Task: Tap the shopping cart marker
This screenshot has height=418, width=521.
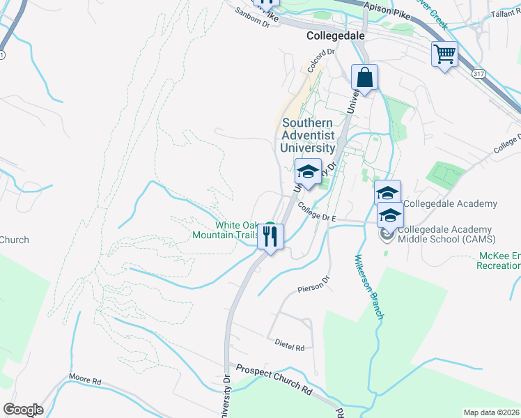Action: click(x=444, y=54)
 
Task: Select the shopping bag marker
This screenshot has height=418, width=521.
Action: click(x=364, y=77)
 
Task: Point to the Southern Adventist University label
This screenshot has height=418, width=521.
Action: click(x=309, y=135)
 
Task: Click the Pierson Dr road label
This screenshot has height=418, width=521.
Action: click(x=311, y=286)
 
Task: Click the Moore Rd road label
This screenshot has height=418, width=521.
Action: click(x=85, y=381)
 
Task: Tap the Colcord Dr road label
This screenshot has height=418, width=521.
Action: click(x=322, y=61)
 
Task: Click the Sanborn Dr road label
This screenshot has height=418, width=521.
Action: click(x=251, y=17)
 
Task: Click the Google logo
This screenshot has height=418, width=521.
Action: click(x=23, y=410)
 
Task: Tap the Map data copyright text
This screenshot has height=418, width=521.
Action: click(x=490, y=412)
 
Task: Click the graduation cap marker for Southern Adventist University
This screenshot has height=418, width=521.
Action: click(x=307, y=171)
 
